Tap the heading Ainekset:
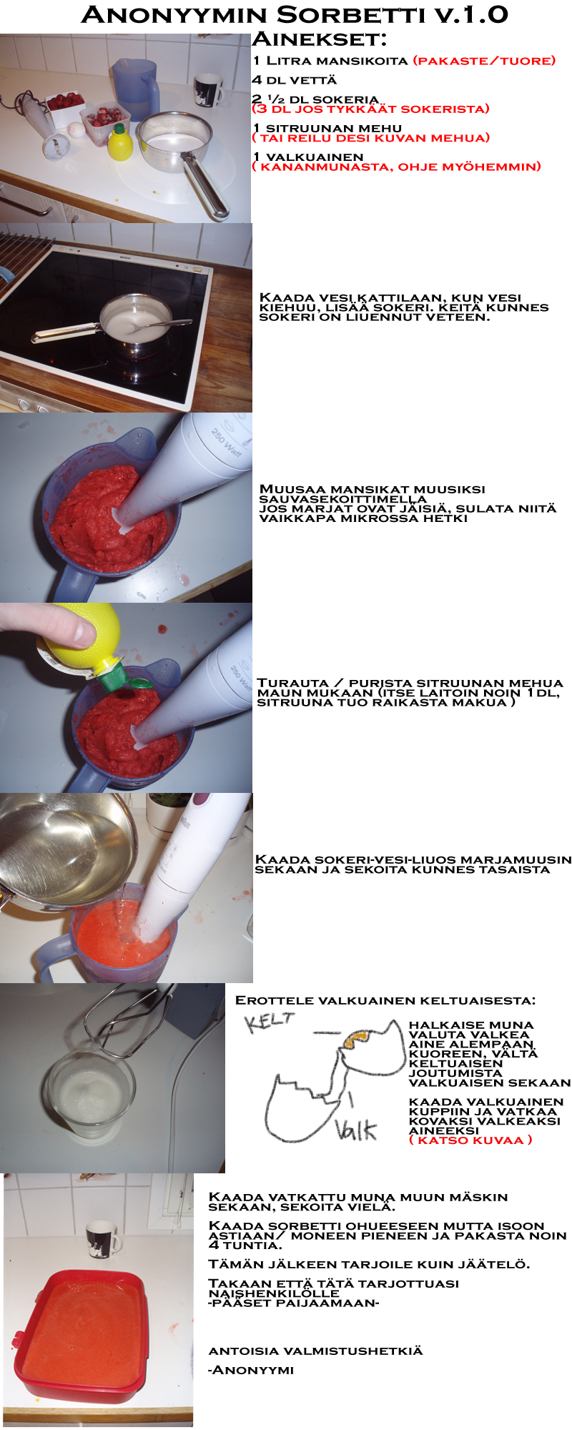319,39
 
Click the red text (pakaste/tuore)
485,61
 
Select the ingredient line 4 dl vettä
295,80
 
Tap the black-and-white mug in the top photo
208,90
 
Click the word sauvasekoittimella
342,499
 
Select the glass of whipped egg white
89,1095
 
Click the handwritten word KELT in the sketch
269,1022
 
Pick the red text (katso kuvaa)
470,1140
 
